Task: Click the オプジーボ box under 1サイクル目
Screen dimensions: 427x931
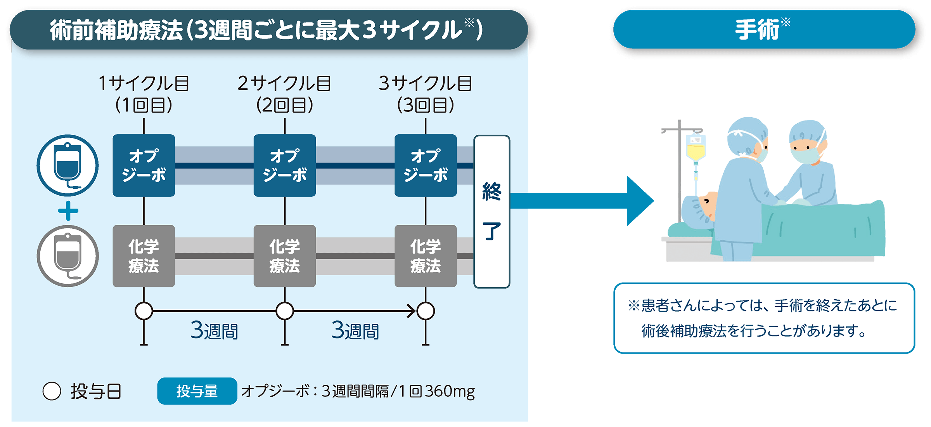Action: tap(144, 165)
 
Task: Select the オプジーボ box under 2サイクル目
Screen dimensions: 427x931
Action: tap(284, 165)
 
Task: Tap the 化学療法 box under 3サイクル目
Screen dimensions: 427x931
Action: tap(426, 256)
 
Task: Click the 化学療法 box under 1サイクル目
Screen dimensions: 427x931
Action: tap(144, 256)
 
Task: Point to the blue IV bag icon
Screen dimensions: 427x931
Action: tap(67, 165)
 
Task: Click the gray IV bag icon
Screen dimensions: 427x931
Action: tap(67, 256)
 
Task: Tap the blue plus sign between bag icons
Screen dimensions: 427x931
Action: tap(68, 211)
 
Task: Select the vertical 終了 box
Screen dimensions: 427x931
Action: tap(491, 212)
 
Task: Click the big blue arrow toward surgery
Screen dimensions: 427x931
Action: tap(582, 201)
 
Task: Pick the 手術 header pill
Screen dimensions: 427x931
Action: tap(764, 30)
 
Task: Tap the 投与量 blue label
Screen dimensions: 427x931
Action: tap(197, 391)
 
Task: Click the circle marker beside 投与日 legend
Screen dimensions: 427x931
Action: tap(52, 391)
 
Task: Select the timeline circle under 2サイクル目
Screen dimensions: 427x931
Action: tap(284, 311)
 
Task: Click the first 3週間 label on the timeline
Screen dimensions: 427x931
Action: tap(214, 331)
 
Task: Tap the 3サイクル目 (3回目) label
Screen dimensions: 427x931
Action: tap(426, 94)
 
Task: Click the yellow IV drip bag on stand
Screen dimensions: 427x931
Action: tap(696, 149)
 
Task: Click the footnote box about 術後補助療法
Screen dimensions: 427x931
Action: tap(764, 318)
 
